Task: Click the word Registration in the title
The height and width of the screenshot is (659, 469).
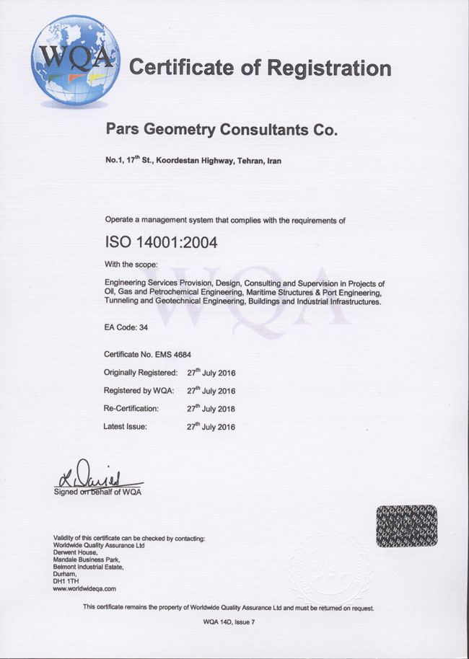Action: (329, 68)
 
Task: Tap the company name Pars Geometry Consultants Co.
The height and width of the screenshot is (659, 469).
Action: (221, 131)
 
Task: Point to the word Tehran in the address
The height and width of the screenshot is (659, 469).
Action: (250, 162)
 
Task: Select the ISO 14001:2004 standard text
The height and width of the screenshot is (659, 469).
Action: (161, 242)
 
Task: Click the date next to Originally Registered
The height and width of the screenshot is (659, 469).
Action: (211, 373)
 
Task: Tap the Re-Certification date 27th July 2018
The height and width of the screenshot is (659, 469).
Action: (211, 408)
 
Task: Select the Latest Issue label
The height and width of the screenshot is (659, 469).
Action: (126, 427)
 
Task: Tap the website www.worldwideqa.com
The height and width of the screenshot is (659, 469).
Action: (84, 588)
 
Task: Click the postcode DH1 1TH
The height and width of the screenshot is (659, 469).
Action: (69, 581)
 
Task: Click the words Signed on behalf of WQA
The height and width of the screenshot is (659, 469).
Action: (98, 492)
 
